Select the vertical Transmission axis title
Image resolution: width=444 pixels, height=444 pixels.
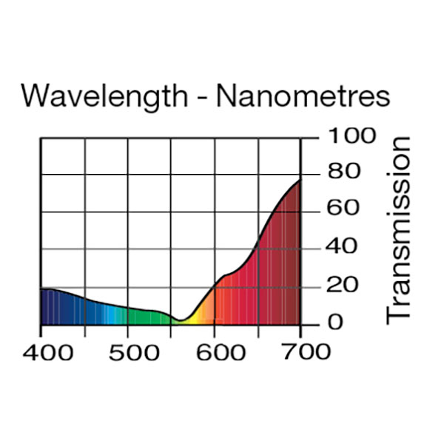tap(399, 229)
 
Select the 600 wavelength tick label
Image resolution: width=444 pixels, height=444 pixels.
tap(216, 351)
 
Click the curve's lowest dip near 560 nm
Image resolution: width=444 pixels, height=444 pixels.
tap(180, 320)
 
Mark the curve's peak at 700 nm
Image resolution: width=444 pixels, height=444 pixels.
tap(300, 180)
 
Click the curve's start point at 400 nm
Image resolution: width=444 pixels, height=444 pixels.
tap(41, 289)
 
